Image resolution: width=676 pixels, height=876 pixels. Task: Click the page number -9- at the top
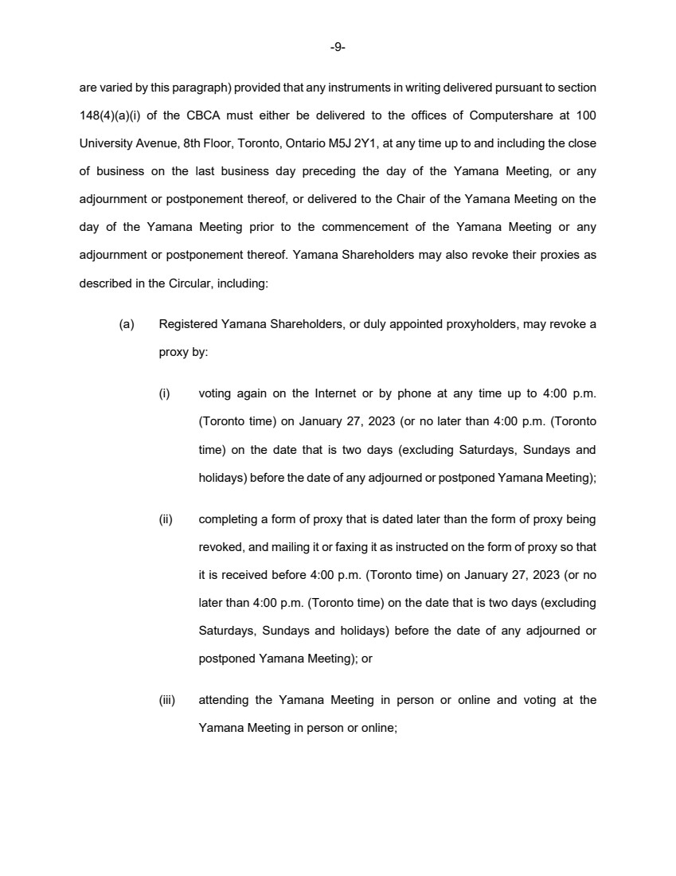[x=338, y=48]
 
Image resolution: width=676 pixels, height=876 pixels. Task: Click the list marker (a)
[x=127, y=324]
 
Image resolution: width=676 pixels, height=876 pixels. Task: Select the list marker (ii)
[x=166, y=519]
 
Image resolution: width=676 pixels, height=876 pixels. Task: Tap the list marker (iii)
[x=167, y=700]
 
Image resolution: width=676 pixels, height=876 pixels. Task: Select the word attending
[x=224, y=700]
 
